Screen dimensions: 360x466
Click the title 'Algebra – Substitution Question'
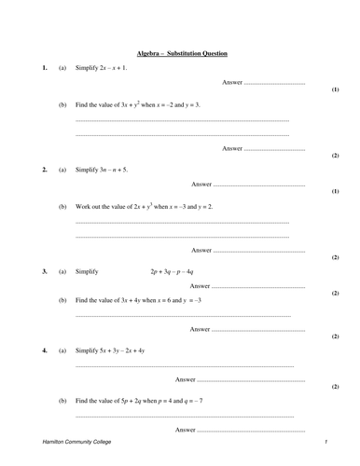click(x=182, y=53)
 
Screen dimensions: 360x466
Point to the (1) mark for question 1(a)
click(x=336, y=90)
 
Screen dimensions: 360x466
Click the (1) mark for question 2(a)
click(x=336, y=191)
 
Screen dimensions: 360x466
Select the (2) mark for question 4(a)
click(x=336, y=386)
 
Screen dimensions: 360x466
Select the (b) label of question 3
click(x=62, y=300)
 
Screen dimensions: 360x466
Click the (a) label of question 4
click(x=62, y=350)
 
